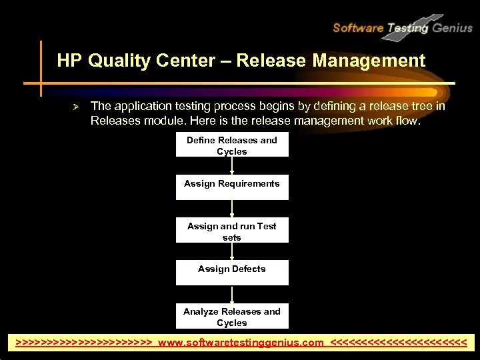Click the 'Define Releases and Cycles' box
coord(232,146)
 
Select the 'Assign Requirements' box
coord(232,187)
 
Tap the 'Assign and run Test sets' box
coord(232,231)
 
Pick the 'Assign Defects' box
coord(232,272)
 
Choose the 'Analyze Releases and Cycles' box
coord(232,317)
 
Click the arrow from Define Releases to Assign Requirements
coord(232,167)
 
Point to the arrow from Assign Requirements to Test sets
coord(232,209)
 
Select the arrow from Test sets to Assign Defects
coord(232,252)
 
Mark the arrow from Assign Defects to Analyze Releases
coord(232,295)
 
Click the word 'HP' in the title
coord(69,61)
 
